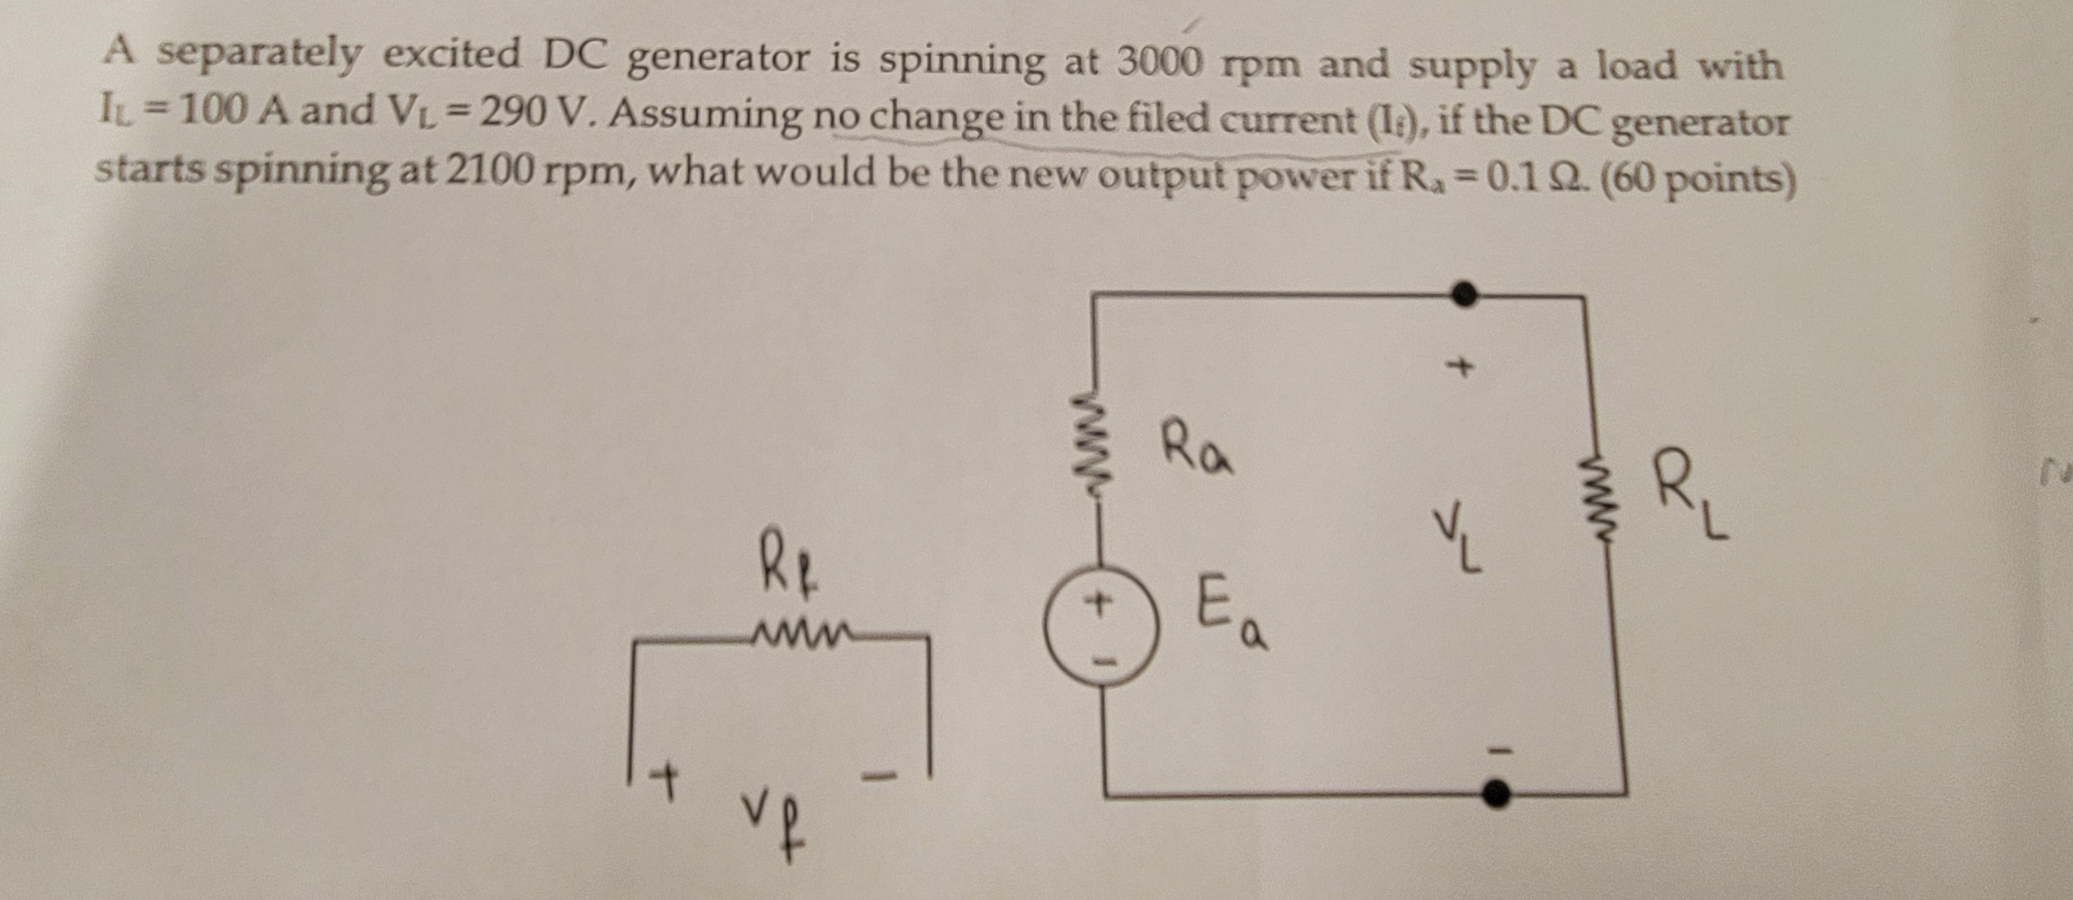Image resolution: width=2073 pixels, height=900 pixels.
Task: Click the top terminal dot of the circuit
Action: click(x=1465, y=294)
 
